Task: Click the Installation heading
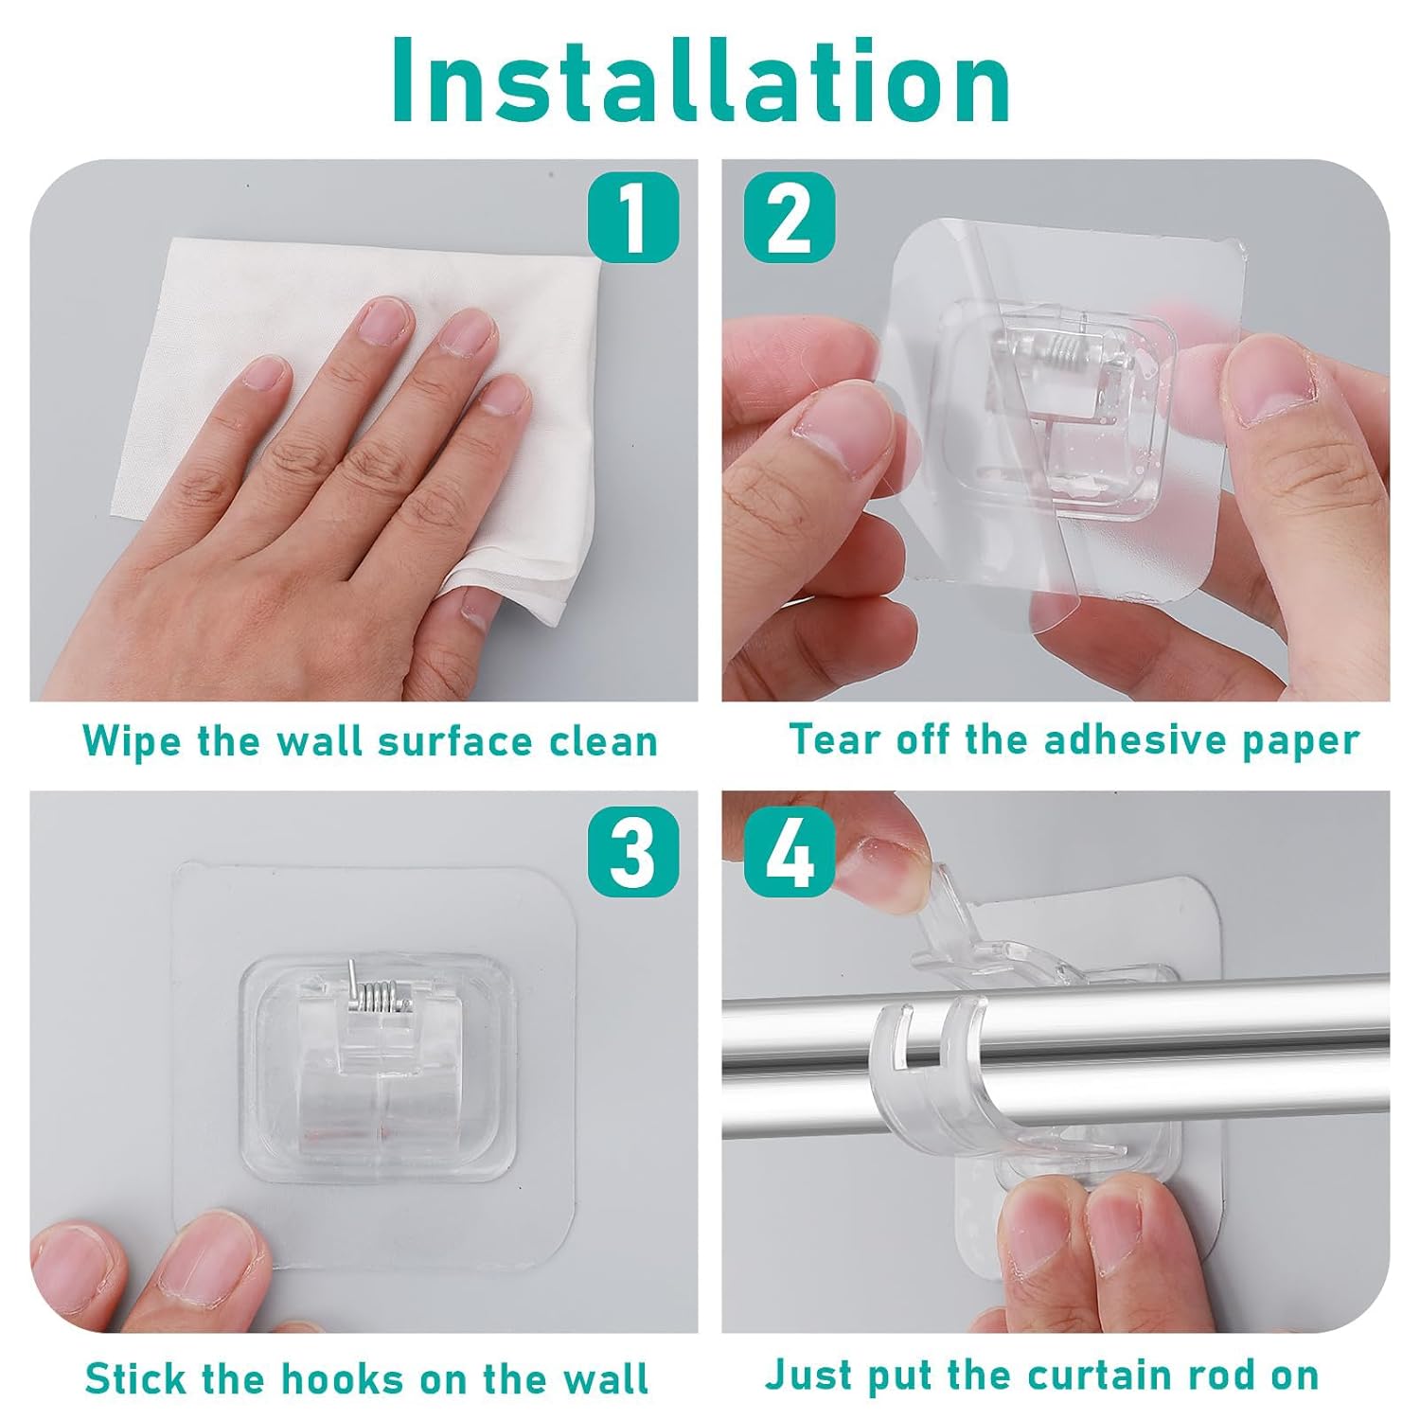tap(701, 81)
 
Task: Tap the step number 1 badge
tap(632, 216)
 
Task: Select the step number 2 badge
tap(790, 216)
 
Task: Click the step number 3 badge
tap(632, 851)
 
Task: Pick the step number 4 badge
tap(790, 851)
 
